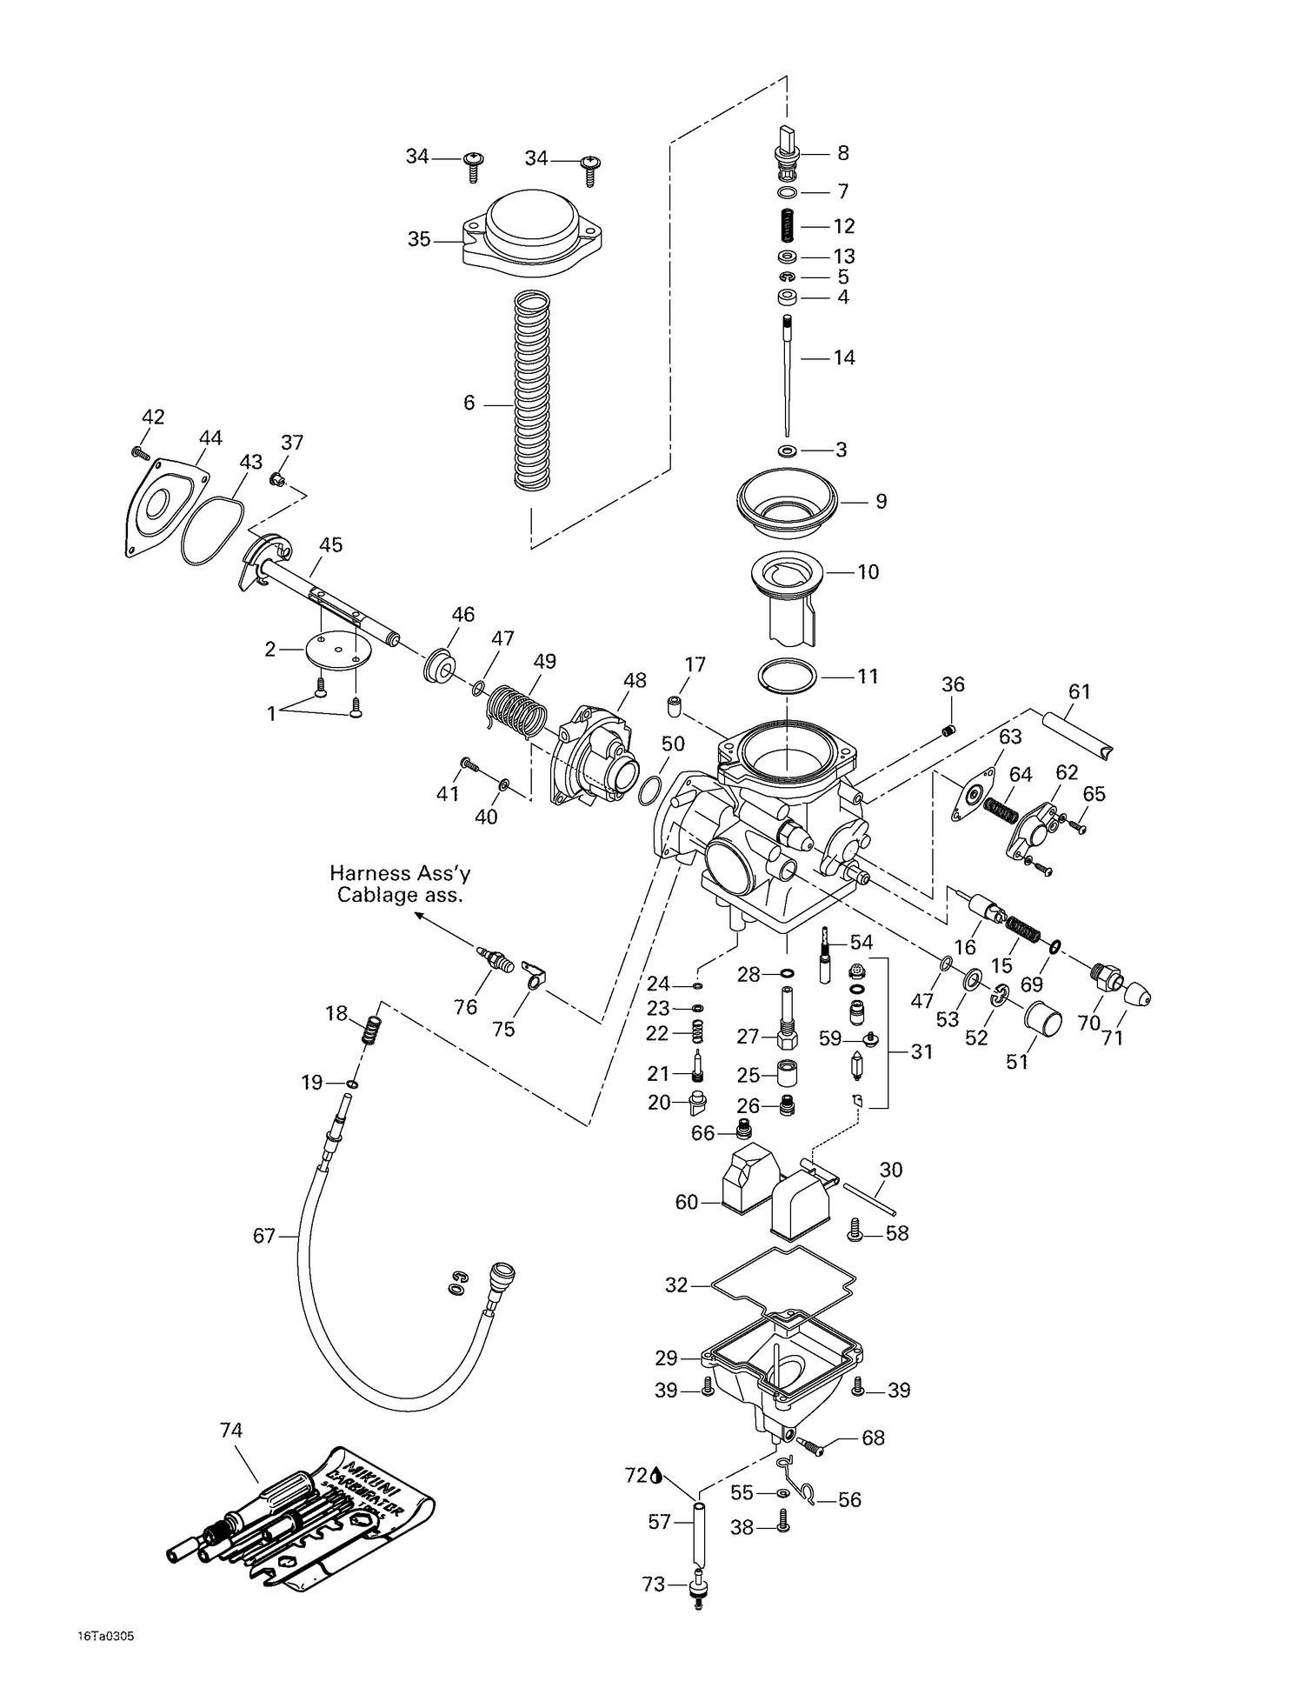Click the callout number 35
tap(419, 238)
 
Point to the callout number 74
tap(231, 1430)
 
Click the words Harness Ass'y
tap(399, 873)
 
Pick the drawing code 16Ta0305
tap(104, 1636)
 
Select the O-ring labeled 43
tap(213, 530)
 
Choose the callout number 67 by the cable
tap(264, 1235)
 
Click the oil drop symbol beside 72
tap(656, 1474)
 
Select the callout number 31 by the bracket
tap(921, 1051)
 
